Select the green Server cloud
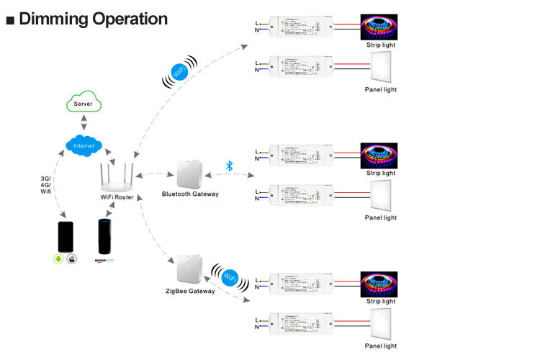click(x=84, y=103)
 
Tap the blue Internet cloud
click(x=84, y=145)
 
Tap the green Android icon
click(x=59, y=258)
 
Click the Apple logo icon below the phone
click(x=72, y=258)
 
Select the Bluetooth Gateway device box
click(x=190, y=174)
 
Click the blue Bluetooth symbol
click(x=230, y=165)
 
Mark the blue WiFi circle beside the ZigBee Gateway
click(x=230, y=277)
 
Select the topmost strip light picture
click(x=379, y=27)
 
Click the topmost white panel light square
click(x=379, y=71)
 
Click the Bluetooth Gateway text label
click(x=190, y=194)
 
